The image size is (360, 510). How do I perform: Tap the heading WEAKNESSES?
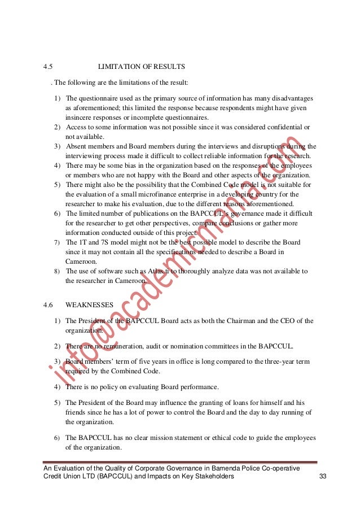89,305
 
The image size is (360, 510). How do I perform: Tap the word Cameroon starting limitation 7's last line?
81,261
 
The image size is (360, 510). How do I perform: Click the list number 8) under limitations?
58,271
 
